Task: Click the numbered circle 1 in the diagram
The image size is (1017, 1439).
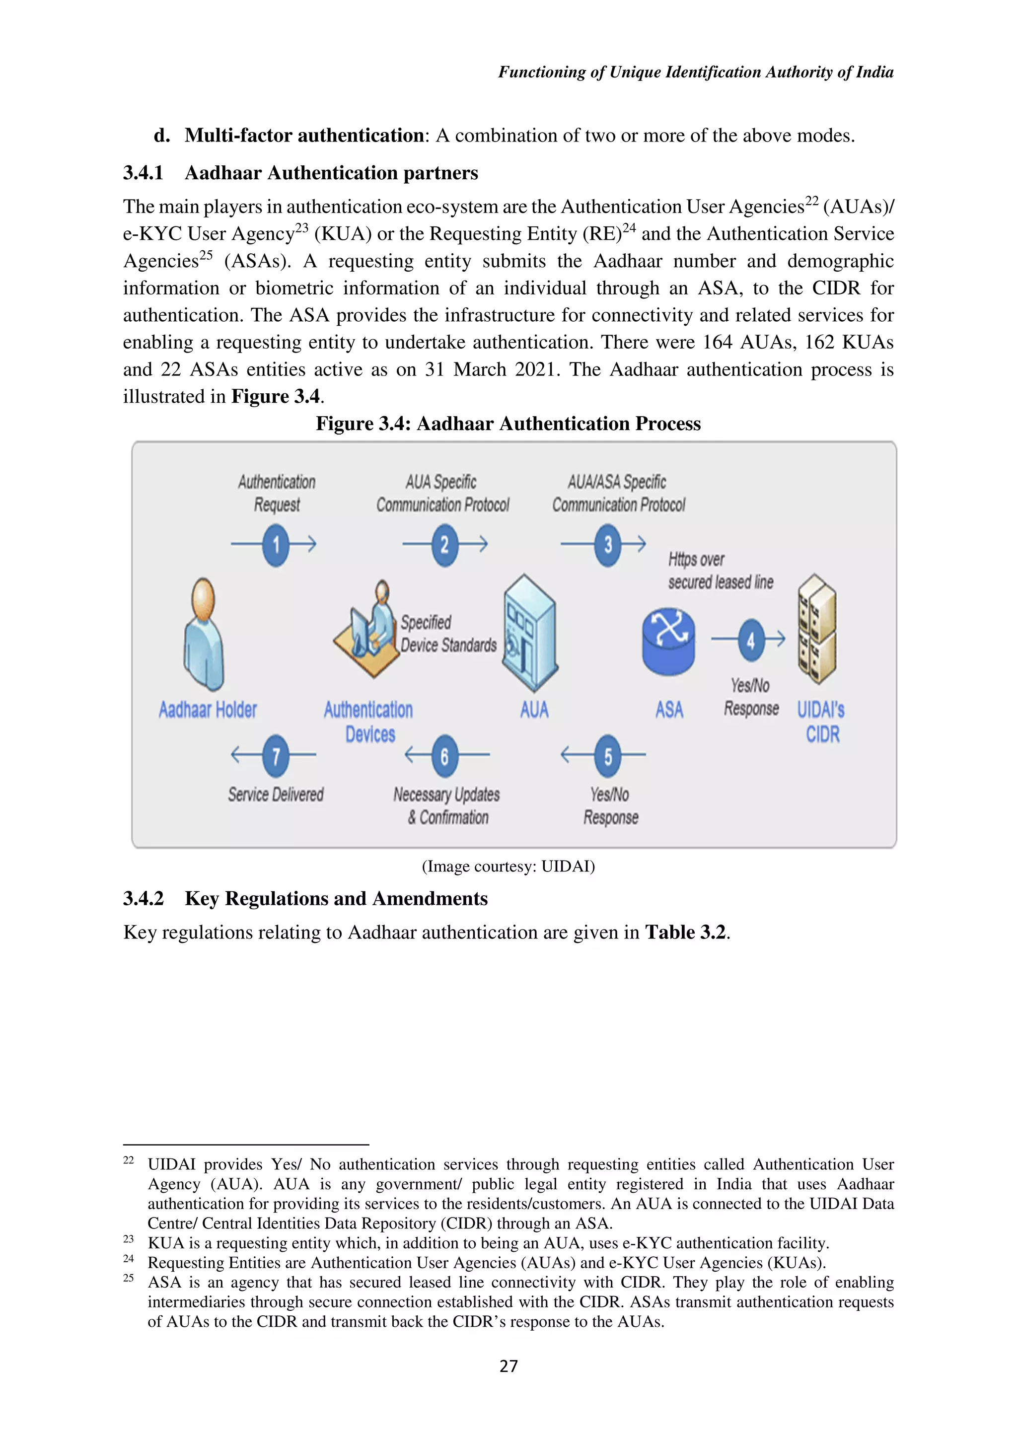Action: tap(276, 544)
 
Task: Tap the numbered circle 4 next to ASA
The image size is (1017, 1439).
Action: tap(751, 640)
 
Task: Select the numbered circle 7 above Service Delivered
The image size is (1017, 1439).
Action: tap(276, 755)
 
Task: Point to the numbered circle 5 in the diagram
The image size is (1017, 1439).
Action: tap(608, 755)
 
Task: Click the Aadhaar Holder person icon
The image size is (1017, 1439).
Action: tap(204, 634)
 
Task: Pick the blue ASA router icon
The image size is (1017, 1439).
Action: tap(668, 641)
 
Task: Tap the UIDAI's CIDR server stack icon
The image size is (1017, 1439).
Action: tap(816, 629)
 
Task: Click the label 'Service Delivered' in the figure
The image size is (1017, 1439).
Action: tap(276, 794)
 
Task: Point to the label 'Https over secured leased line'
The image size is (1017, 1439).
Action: tap(720, 571)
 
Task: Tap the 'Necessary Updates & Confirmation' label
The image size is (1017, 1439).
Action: tap(447, 806)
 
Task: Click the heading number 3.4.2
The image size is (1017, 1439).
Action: tap(143, 899)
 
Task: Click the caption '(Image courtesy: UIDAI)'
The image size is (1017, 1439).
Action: tap(508, 866)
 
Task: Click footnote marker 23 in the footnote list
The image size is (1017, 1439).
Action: tap(129, 1239)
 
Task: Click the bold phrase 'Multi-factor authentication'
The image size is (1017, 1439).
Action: tap(304, 136)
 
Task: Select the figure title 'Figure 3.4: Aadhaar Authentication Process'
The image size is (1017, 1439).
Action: tap(508, 424)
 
